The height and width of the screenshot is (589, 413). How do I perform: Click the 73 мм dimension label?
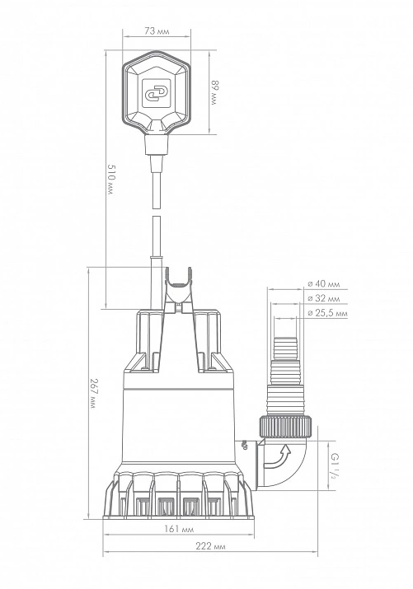157,30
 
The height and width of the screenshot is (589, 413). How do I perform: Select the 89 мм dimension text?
214,92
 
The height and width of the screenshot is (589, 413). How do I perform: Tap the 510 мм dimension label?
110,179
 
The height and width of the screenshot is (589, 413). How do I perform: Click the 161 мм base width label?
179,529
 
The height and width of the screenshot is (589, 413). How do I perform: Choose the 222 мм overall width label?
211,546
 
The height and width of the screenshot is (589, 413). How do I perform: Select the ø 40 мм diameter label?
324,284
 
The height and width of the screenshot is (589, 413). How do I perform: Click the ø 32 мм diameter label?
324,299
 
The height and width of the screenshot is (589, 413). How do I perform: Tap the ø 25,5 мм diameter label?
327,313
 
